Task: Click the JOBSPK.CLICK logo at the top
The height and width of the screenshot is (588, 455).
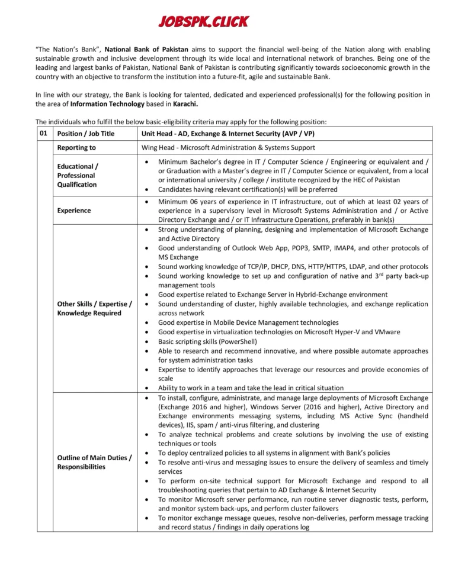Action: (203, 22)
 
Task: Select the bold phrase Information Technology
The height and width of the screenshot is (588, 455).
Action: (107, 104)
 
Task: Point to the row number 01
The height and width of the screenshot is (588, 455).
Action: (43, 133)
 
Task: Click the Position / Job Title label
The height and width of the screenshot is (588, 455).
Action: (86, 134)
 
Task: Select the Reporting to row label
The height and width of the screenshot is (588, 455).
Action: (76, 147)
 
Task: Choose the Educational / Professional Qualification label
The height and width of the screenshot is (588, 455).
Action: (77, 175)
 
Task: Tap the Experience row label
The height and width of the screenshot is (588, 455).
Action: (74, 210)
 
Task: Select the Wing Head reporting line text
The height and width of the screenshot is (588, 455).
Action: (228, 147)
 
